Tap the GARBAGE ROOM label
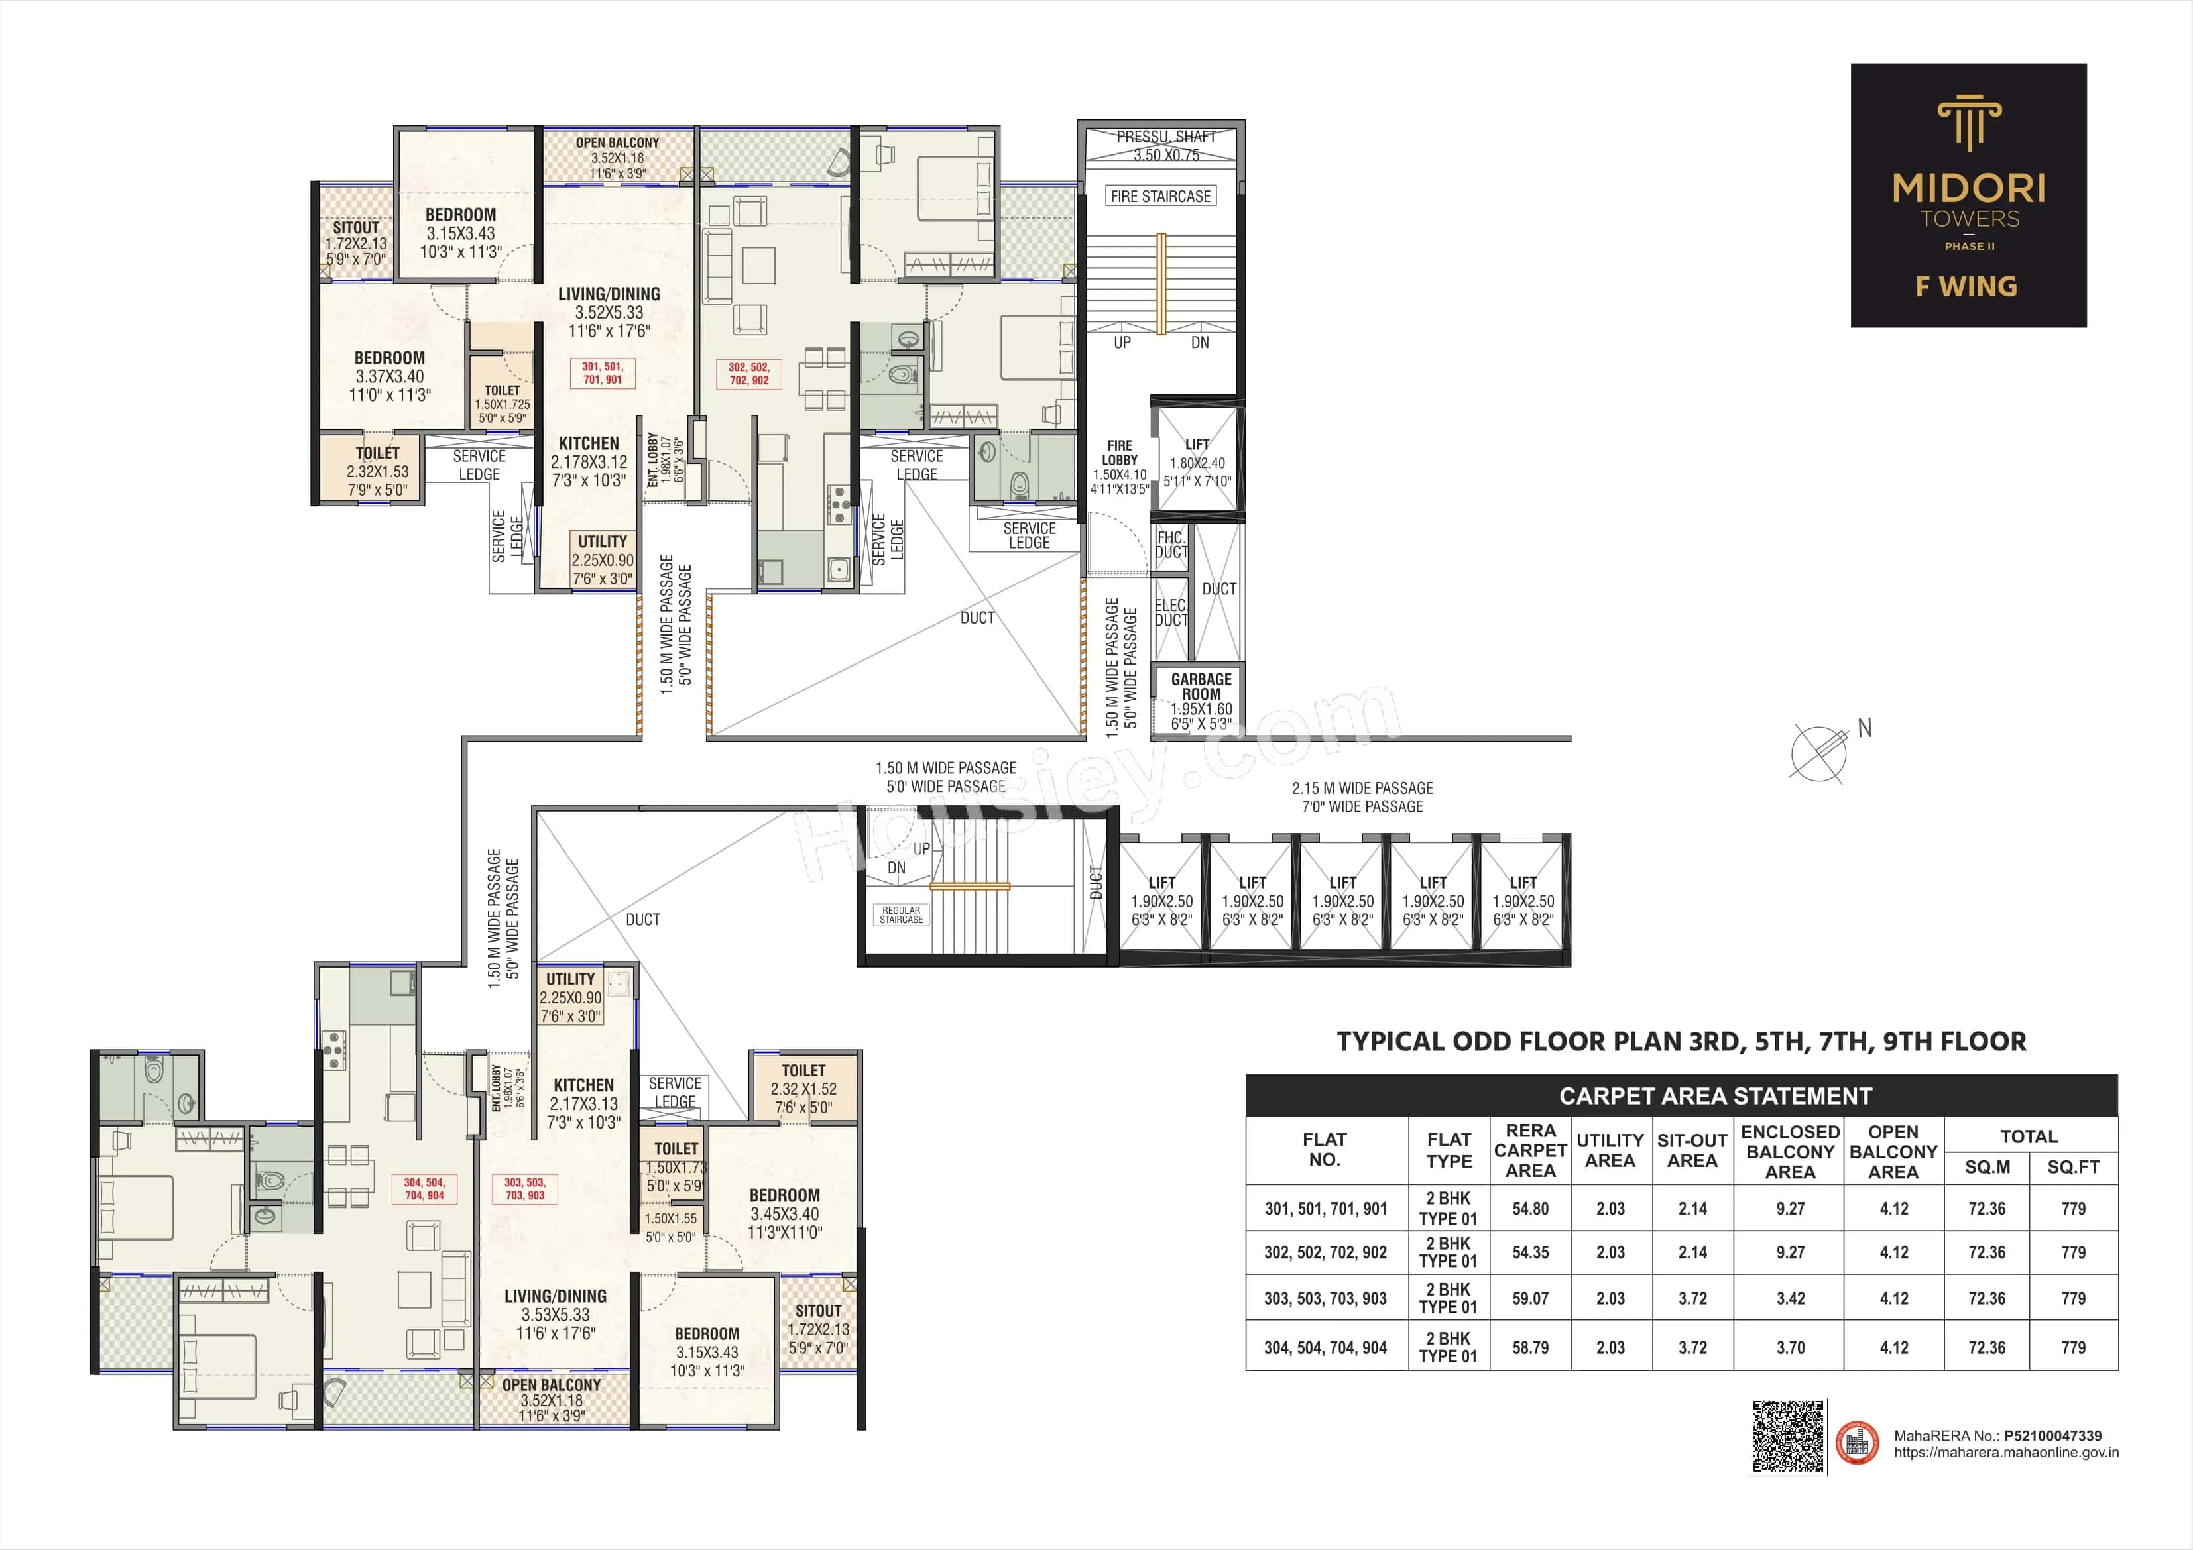coord(1201,687)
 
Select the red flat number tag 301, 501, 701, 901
coord(602,373)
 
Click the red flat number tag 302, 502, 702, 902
coord(749,373)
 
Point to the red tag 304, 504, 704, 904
coord(424,1189)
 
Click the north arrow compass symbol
coord(1818,753)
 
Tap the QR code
coord(1788,1437)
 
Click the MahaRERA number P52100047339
coord(2052,1435)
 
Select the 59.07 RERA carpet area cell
coord(1530,1299)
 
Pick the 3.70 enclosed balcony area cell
coord(1790,1347)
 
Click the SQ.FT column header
coord(2072,1167)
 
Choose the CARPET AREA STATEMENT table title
coord(1716,1095)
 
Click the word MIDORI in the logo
coord(1970,188)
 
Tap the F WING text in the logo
coord(1967,286)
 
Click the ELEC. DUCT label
coord(1170,612)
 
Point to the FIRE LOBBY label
coord(1120,453)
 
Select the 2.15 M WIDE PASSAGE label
coord(1362,788)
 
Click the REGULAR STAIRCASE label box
coord(901,915)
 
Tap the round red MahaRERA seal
coord(1858,1442)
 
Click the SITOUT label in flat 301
coord(355,228)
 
